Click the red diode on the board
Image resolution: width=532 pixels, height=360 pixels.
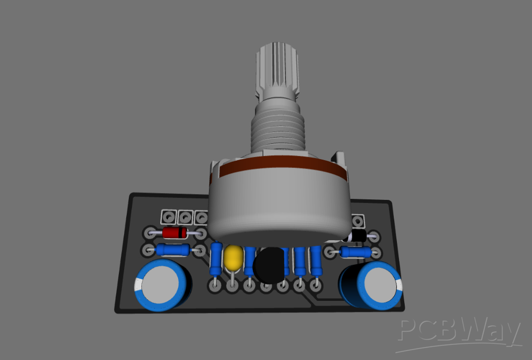point(175,232)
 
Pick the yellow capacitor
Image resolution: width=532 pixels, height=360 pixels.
point(234,257)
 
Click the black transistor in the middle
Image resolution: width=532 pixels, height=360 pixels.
point(270,265)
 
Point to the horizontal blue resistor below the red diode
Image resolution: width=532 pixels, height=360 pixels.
point(173,250)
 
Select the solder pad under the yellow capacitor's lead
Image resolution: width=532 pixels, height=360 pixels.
point(231,286)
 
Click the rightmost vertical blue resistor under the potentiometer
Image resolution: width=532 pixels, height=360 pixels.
point(316,260)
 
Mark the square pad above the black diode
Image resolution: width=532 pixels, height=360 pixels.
point(359,220)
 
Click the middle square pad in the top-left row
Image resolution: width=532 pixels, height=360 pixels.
point(185,216)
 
